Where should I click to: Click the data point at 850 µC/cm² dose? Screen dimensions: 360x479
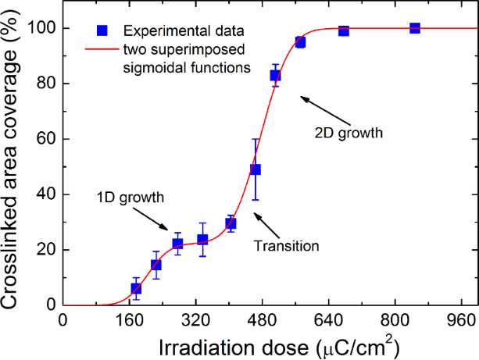coord(415,28)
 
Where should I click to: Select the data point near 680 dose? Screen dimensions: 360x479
coord(344,30)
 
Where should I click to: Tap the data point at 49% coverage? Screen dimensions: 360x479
coord(255,169)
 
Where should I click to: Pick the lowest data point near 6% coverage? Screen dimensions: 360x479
coord(136,288)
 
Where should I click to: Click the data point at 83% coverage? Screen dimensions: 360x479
coord(275,75)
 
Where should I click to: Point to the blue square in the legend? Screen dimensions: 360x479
coord(102,31)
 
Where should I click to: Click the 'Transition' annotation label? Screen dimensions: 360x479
coord(287,246)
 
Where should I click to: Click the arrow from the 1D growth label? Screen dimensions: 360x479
coord(159,220)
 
